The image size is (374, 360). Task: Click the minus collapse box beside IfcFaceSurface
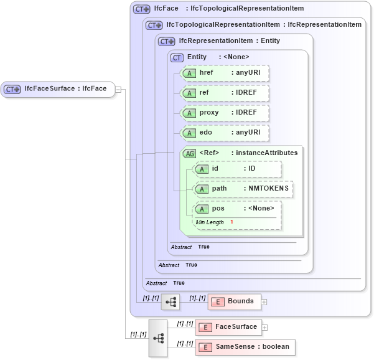[118, 89]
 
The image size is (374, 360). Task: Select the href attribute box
[224, 73]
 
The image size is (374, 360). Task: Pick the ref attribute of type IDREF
[224, 93]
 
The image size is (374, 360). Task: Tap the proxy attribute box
[224, 113]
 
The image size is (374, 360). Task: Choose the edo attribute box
[224, 133]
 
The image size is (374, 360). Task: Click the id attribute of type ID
[237, 169]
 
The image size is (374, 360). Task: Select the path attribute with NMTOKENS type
[243, 189]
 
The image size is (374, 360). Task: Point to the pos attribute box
[237, 208]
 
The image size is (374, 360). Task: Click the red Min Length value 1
[231, 222]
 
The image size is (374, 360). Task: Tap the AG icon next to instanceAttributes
[188, 153]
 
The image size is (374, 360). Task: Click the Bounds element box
[234, 301]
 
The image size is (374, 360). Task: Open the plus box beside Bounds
[264, 301]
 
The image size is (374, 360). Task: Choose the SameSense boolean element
[242, 346]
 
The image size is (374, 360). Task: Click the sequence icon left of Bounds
[170, 301]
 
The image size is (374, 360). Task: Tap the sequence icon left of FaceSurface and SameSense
[158, 337]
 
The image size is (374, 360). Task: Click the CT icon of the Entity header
[177, 57]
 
